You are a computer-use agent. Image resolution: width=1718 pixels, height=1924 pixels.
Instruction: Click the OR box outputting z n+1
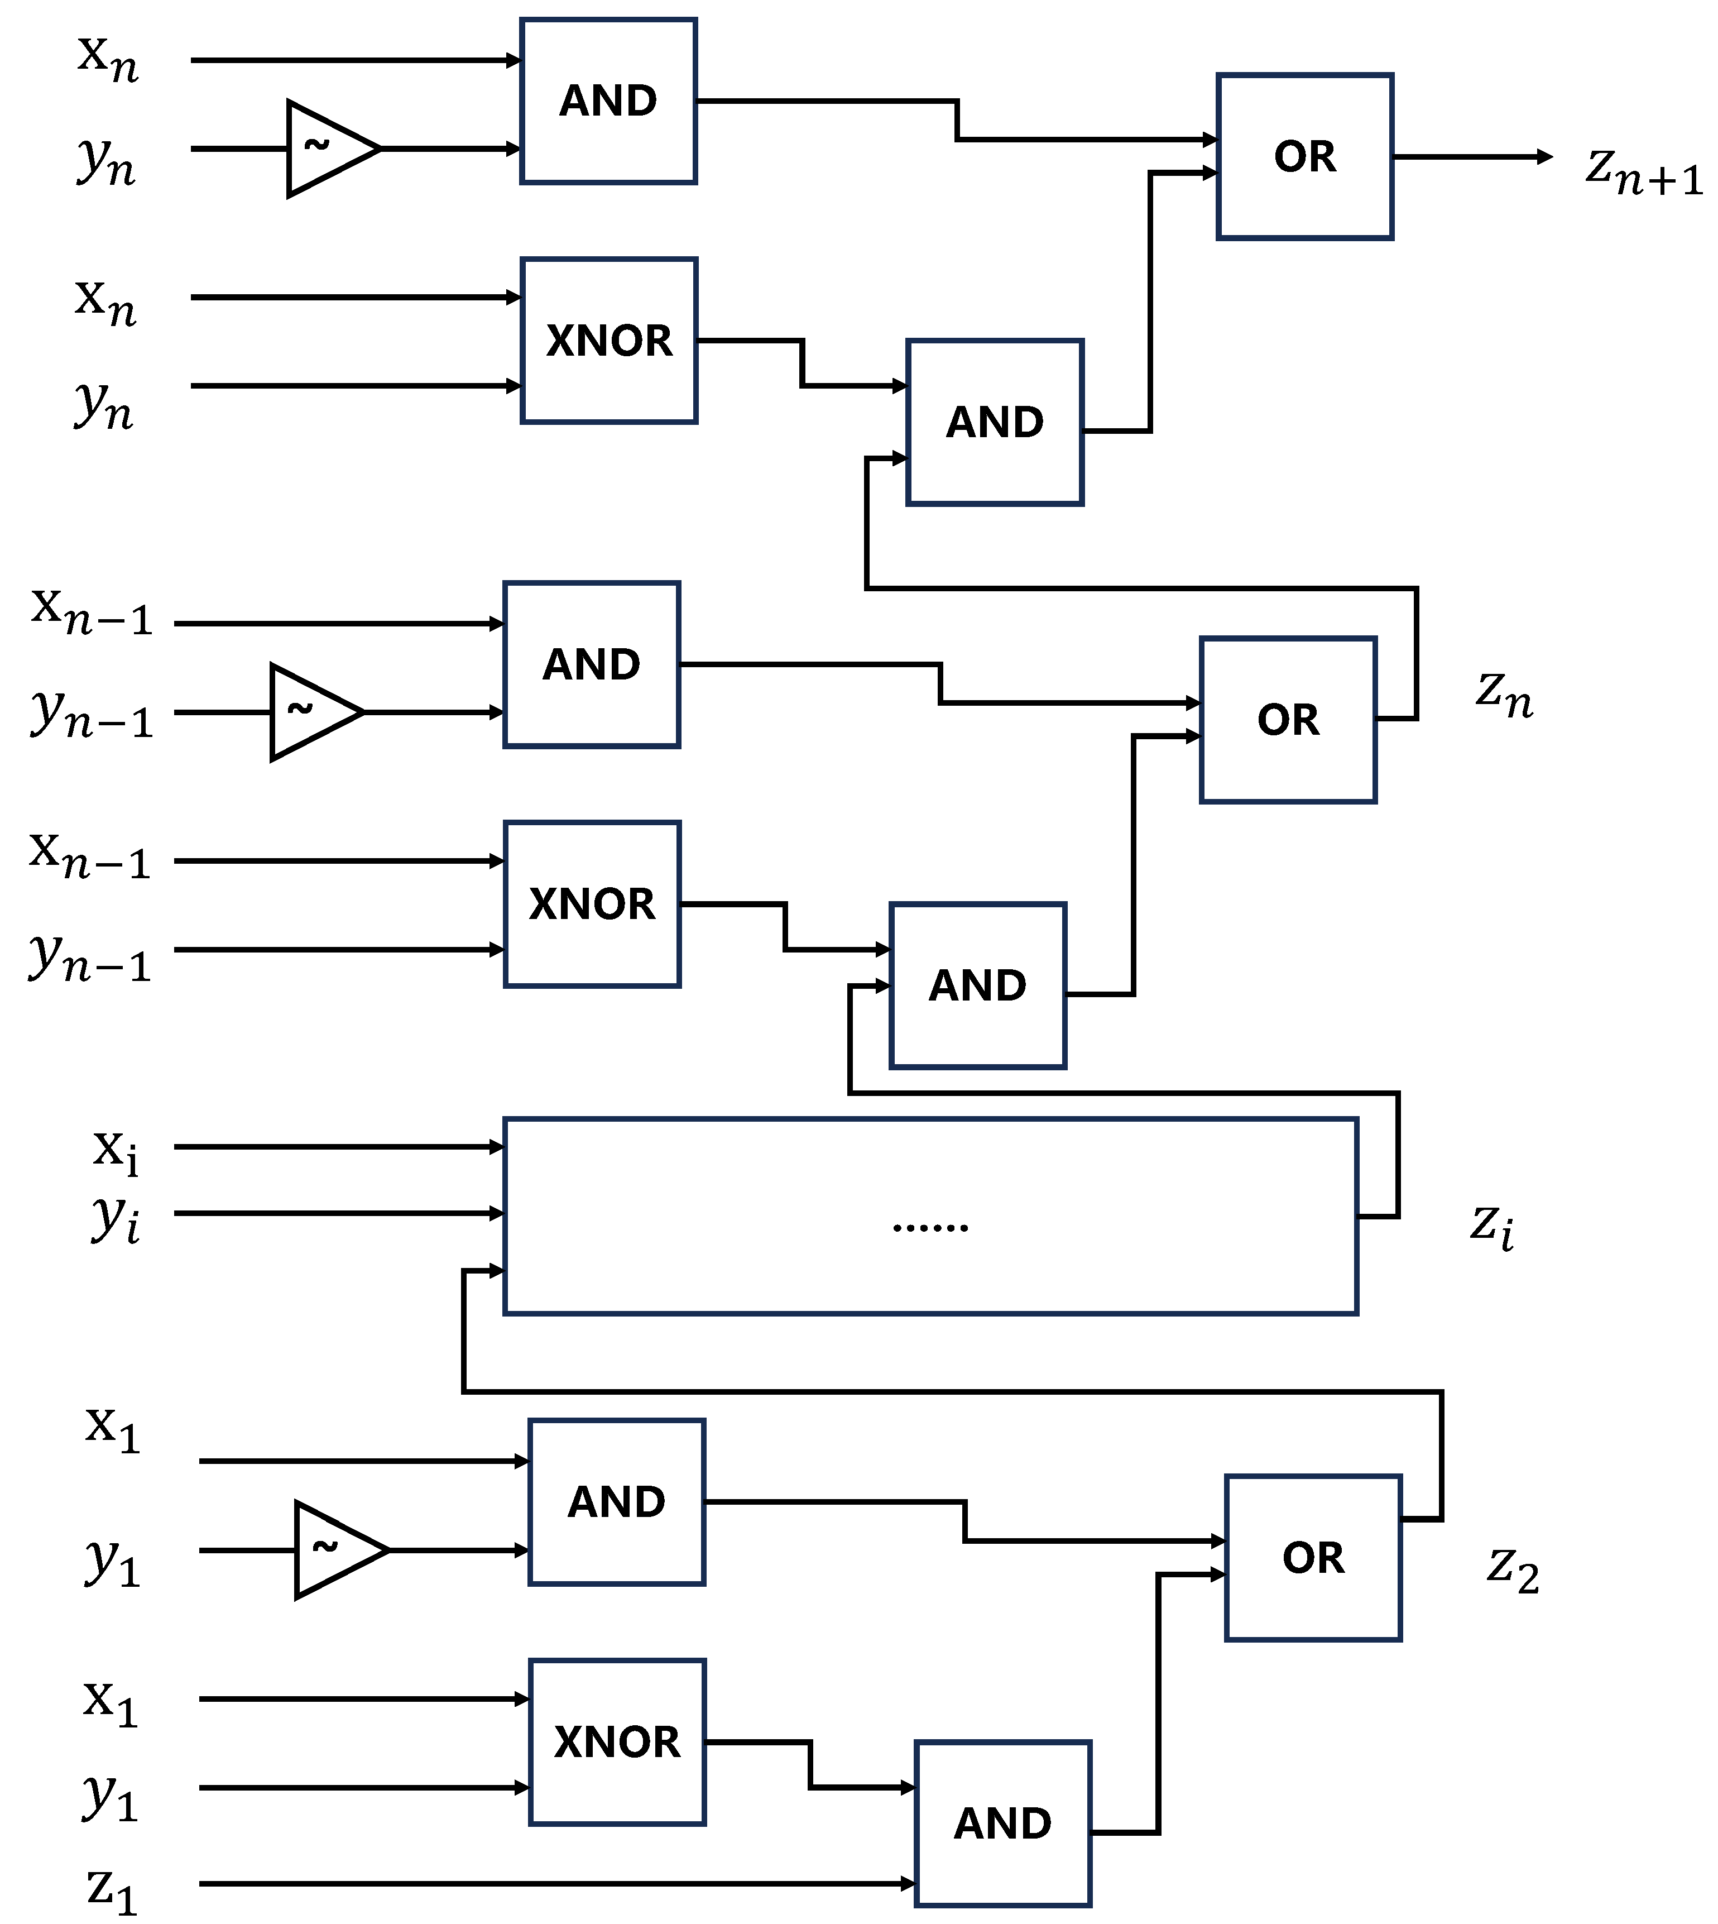coord(1304,157)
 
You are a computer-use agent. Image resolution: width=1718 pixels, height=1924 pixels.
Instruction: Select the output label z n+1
coord(1643,170)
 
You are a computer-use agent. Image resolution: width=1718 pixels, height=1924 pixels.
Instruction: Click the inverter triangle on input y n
coord(325,148)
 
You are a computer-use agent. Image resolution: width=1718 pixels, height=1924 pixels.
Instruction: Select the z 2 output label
coord(1512,1570)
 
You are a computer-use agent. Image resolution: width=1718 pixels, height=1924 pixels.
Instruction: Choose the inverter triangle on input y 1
coord(333,1550)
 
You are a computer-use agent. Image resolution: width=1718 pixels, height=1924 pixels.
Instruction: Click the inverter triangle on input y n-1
coord(309,712)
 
